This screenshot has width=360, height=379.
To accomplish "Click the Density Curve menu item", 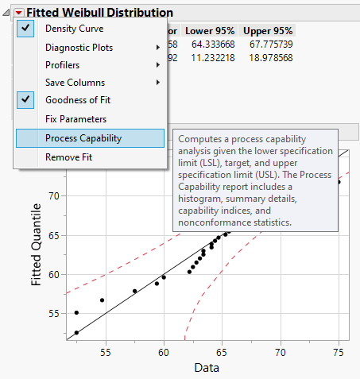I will point(74,29).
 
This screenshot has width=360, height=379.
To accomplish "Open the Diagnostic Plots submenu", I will point(79,48).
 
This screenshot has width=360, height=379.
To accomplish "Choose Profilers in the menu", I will point(63,65).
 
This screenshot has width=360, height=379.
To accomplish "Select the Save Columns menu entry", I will point(75,83).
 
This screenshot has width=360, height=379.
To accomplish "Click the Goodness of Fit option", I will point(78,100).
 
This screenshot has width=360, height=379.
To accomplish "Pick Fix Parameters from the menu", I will point(76,118).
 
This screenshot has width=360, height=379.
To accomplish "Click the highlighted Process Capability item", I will point(83,138).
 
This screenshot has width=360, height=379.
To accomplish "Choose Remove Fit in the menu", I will point(68,157).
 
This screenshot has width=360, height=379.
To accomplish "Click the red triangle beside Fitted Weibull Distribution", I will point(18,13).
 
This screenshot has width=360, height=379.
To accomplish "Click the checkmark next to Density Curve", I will point(26,29).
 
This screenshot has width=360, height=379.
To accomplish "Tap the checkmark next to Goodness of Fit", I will point(26,100).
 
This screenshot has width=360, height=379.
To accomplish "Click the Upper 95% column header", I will point(269,30).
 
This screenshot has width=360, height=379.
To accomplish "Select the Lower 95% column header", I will point(208,30).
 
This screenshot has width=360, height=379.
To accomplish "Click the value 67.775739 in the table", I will point(269,44).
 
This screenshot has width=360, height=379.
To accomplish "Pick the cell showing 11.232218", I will point(208,57).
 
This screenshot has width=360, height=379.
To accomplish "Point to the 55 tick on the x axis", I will point(105,351).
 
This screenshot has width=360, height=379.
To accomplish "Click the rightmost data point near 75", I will point(339,182).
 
